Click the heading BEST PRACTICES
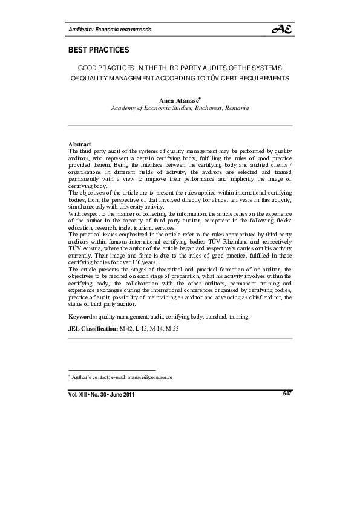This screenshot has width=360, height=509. [99, 49]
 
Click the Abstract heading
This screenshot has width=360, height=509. [80, 144]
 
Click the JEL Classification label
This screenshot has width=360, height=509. [93, 328]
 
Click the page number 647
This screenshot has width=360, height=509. [287, 394]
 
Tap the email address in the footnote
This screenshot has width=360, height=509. [150, 377]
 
